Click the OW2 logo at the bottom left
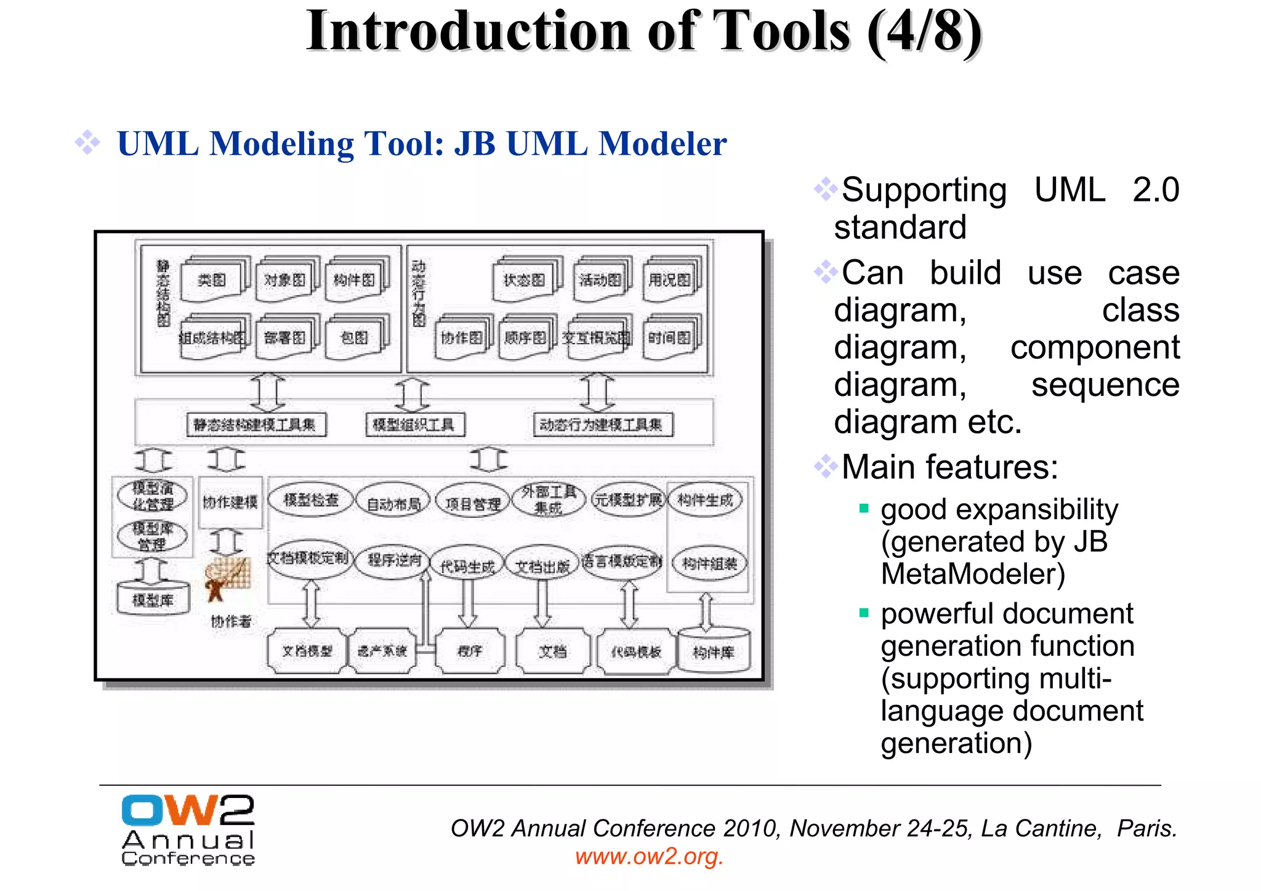[x=188, y=829]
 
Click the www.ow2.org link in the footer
[x=649, y=857]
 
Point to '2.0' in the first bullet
[x=1155, y=190]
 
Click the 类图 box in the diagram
[x=212, y=281]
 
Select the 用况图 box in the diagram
[x=669, y=281]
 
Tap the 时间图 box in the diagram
[x=669, y=338]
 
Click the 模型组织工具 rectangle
[x=414, y=425]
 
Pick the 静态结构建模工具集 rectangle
[x=255, y=425]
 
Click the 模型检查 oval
[x=311, y=500]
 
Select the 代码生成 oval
[x=467, y=566]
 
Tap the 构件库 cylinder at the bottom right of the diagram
[x=714, y=651]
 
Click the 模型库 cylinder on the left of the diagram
[x=153, y=599]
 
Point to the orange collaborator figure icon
[x=226, y=579]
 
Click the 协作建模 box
[x=230, y=502]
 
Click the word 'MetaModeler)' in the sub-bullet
[x=972, y=574]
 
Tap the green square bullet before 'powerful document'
[x=864, y=613]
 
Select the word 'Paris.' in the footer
[x=1146, y=829]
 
